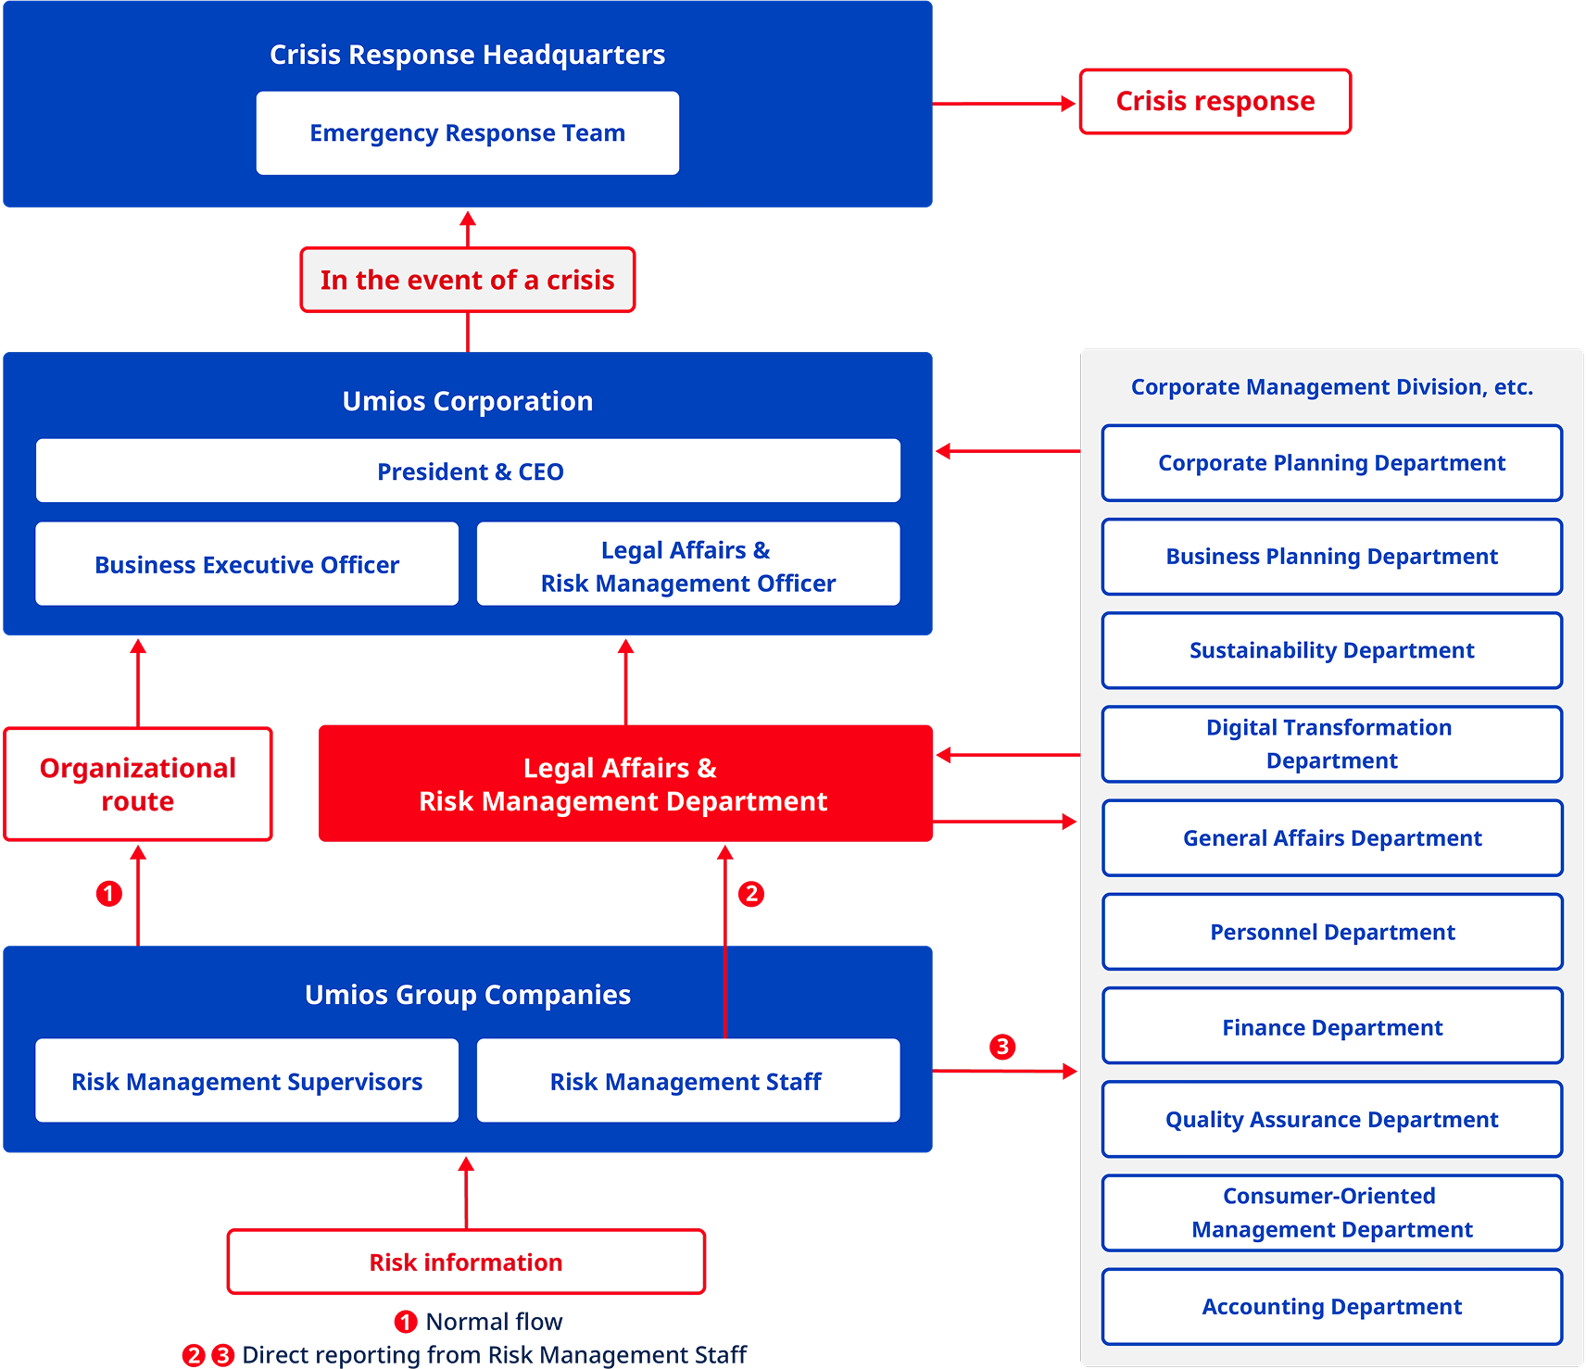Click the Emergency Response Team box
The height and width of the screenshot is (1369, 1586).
tap(467, 132)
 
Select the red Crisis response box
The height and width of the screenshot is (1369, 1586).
tap(1215, 101)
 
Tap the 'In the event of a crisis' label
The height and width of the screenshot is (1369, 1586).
tap(467, 280)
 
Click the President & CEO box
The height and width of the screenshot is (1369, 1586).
tap(468, 471)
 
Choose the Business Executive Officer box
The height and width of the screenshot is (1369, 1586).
tap(246, 564)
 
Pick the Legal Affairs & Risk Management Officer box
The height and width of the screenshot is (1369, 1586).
tap(687, 564)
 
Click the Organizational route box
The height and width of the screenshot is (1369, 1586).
tap(138, 784)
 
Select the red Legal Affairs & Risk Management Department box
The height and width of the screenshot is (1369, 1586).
tap(624, 784)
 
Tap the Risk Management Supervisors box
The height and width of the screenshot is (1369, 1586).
tap(246, 1081)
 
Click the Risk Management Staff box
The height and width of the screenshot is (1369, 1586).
tap(687, 1081)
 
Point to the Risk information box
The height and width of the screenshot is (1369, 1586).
tap(466, 1262)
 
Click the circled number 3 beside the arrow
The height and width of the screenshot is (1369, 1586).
tap(1001, 1047)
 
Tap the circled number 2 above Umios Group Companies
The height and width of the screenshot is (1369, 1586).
tap(751, 894)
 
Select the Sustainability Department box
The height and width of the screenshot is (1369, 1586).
tap(1331, 650)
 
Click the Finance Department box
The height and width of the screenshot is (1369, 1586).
tap(1331, 1026)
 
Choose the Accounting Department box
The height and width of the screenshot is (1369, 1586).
tap(1331, 1306)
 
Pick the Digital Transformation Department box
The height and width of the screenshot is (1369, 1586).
tap(1331, 744)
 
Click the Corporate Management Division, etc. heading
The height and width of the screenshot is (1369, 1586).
tap(1331, 387)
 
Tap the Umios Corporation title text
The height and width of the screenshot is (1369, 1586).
tap(467, 401)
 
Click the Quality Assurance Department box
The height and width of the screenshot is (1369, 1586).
tap(1331, 1119)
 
